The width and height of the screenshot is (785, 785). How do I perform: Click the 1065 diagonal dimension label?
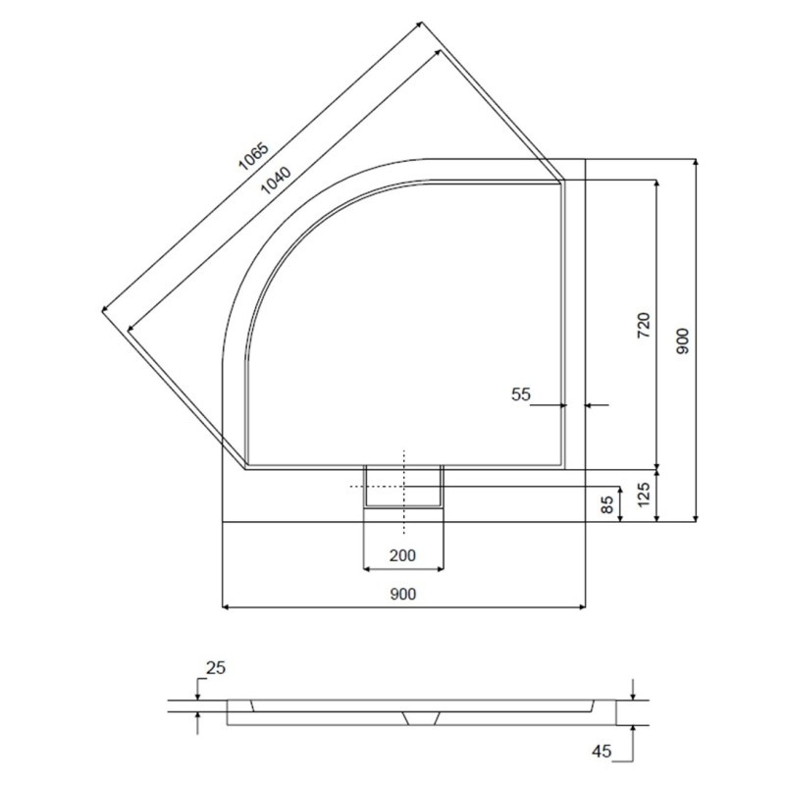[253, 156]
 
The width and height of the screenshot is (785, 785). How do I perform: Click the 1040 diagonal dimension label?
[276, 181]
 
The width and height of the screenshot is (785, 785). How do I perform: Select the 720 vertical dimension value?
[644, 325]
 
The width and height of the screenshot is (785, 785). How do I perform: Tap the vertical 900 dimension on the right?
[683, 341]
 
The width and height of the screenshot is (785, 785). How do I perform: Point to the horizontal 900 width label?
[402, 594]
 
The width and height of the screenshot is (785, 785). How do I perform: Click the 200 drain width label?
[402, 555]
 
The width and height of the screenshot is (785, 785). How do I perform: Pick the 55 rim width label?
[521, 394]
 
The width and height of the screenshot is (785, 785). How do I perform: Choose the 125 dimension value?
[644, 495]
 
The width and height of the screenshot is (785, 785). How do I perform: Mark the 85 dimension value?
[606, 504]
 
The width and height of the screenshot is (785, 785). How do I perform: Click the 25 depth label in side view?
[216, 667]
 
